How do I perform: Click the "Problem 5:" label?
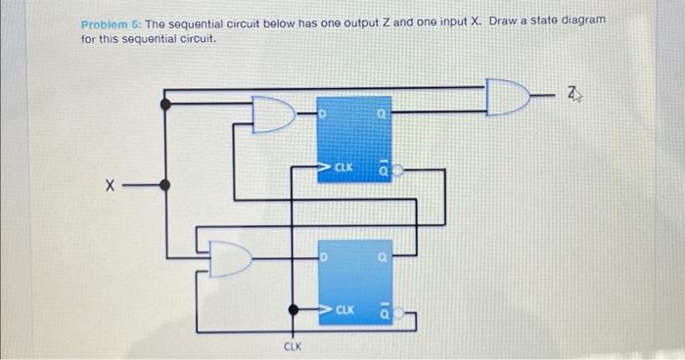click(107, 21)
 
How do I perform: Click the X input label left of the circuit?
click(114, 183)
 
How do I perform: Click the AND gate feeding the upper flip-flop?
click(272, 114)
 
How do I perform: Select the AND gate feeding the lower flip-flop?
click(233, 257)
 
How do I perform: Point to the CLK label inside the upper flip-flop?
click(342, 168)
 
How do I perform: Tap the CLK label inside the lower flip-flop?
click(342, 310)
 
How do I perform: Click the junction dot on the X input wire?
click(164, 183)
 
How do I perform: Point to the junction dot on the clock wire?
click(292, 311)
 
